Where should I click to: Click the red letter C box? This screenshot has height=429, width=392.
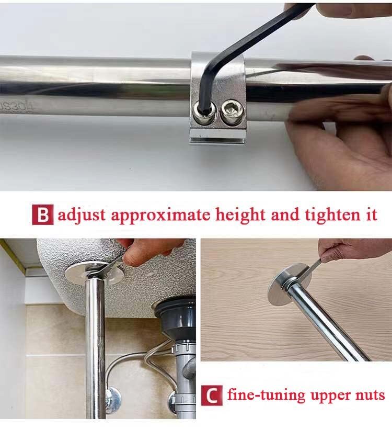pyautogui.click(x=211, y=395)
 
